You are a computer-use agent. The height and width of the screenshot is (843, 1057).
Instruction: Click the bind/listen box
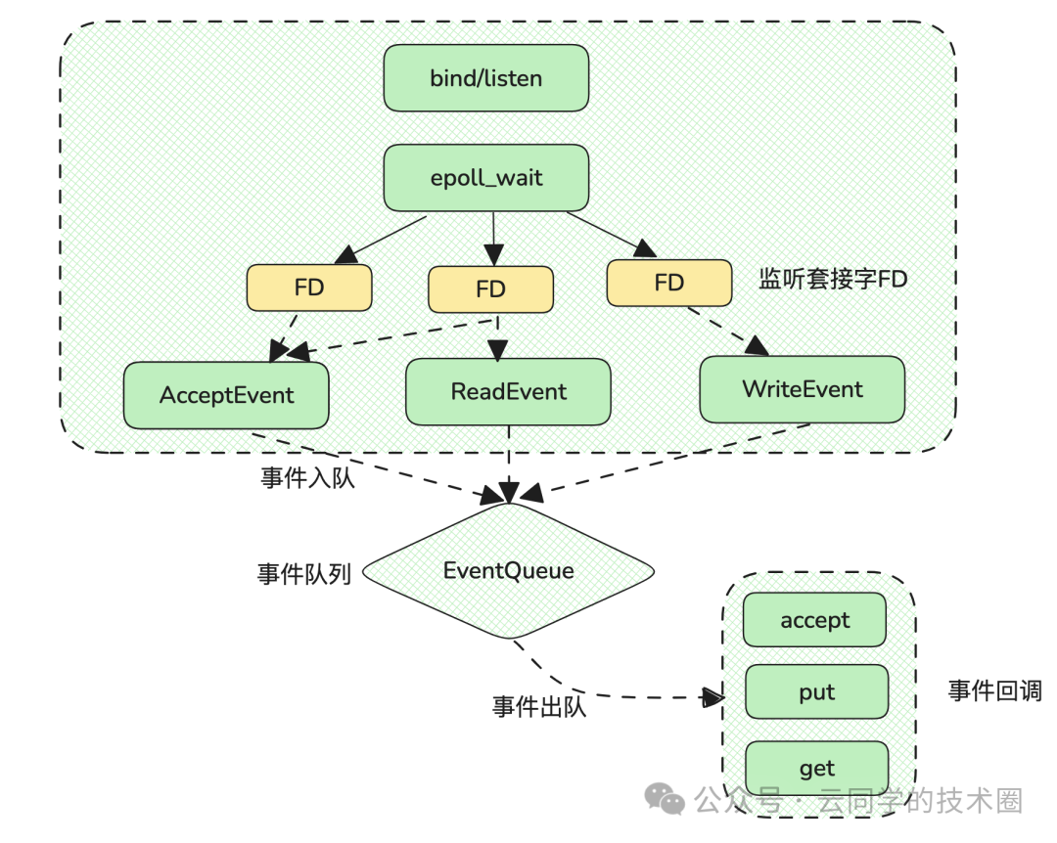click(485, 78)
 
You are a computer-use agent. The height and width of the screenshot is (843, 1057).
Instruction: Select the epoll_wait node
click(485, 178)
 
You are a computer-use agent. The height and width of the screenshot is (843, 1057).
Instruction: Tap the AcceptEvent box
click(226, 395)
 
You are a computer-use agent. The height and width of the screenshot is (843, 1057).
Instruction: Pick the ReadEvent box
click(508, 391)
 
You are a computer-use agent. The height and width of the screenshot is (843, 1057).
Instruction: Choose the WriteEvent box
click(803, 389)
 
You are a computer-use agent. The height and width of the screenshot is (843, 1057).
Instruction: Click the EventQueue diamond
click(508, 571)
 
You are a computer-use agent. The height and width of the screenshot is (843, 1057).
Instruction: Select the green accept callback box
click(814, 620)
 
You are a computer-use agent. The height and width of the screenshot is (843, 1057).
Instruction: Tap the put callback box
click(816, 692)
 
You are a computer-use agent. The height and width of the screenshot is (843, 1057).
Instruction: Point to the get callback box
click(816, 768)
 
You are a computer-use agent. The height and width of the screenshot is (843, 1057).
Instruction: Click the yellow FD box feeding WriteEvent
click(668, 283)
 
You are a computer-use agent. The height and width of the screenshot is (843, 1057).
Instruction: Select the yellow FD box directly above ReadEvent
click(490, 289)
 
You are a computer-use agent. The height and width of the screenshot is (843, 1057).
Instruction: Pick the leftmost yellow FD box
click(309, 288)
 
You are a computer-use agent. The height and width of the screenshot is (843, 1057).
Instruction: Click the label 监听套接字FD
click(833, 280)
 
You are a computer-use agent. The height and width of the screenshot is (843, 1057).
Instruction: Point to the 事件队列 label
click(303, 573)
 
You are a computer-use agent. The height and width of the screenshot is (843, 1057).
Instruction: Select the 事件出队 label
click(538, 706)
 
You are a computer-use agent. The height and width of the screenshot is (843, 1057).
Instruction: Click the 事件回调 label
click(994, 691)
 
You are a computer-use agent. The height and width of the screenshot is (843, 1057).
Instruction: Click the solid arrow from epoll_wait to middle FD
click(491, 239)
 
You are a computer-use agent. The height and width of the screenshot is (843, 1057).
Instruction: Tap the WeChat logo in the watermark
click(669, 801)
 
